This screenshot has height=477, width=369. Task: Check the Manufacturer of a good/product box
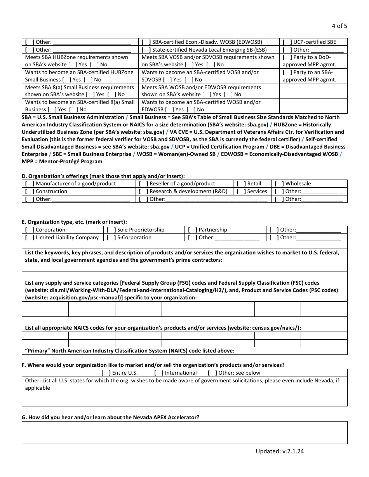coord(30,184)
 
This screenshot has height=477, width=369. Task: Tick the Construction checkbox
coord(30,192)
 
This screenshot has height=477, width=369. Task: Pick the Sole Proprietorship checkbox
coord(111,230)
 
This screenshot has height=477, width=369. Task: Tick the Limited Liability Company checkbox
coord(30,238)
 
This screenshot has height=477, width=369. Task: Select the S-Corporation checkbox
coord(111,238)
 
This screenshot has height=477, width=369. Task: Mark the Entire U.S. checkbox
coord(106,373)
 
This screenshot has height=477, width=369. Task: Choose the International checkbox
coord(158,373)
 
